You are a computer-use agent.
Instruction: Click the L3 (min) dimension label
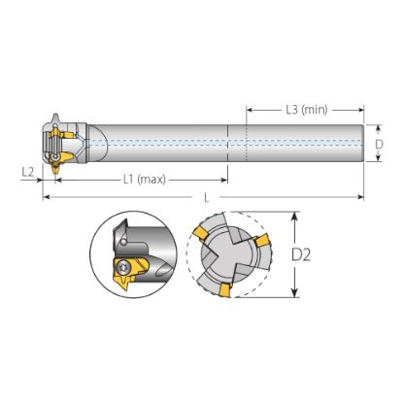click(x=307, y=110)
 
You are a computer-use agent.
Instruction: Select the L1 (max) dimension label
click(x=145, y=179)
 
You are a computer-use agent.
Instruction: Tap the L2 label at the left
click(x=28, y=172)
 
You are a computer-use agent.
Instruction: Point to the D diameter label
click(x=379, y=144)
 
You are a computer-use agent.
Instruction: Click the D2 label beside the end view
click(x=301, y=255)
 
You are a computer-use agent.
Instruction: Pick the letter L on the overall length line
click(x=207, y=198)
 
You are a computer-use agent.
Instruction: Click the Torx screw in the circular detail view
click(x=123, y=268)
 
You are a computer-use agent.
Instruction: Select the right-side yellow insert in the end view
click(x=261, y=240)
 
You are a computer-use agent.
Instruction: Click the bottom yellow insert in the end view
click(x=224, y=289)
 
